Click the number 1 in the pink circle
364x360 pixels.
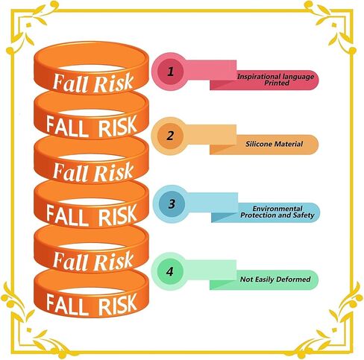click(x=171, y=72)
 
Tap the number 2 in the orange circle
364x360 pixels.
click(x=170, y=136)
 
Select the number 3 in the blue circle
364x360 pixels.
click(x=172, y=203)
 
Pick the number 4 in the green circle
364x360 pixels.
click(x=170, y=271)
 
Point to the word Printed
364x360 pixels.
click(x=277, y=83)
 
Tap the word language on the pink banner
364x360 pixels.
click(x=295, y=77)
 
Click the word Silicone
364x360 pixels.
click(x=257, y=144)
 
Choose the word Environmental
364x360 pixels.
click(x=277, y=209)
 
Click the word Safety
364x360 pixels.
click(x=304, y=215)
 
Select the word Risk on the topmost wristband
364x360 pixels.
click(x=113, y=83)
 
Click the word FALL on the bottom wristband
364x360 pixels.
click(x=67, y=305)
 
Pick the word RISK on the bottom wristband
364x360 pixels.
click(x=117, y=304)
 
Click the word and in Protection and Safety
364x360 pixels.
click(x=284, y=215)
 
